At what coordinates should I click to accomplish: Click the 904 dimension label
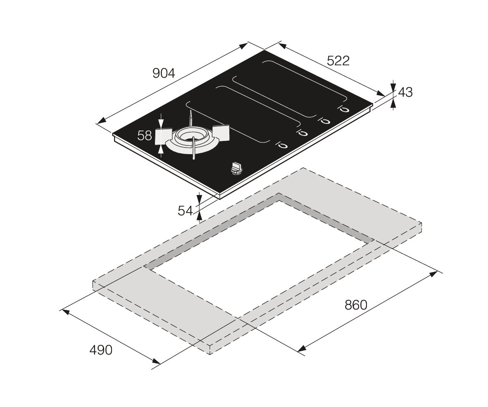click(x=164, y=74)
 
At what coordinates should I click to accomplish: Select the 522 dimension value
click(x=338, y=61)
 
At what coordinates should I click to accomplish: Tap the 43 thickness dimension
click(x=405, y=92)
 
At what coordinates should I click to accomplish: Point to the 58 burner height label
click(x=144, y=136)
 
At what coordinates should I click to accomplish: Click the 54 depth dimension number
click(x=185, y=211)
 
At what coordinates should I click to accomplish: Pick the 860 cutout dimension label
click(x=356, y=305)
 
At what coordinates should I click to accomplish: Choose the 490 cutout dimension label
click(x=101, y=350)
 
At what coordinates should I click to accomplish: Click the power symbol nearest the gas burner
click(x=282, y=145)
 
